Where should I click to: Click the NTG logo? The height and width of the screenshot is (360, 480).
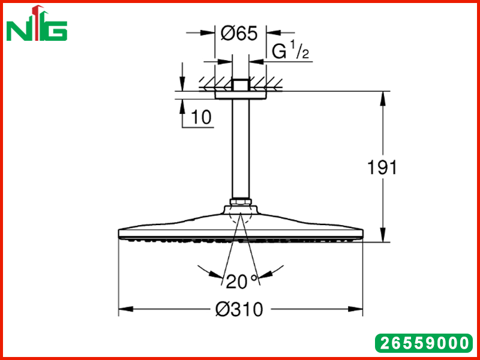click(37, 23)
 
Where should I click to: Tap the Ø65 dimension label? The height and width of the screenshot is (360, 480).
click(239, 33)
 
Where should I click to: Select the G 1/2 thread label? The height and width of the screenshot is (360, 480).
click(290, 50)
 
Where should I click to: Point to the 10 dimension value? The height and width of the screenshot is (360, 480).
click(201, 117)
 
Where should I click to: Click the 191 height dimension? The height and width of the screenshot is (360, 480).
click(382, 167)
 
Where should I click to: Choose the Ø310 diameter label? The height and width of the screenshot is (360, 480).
click(239, 309)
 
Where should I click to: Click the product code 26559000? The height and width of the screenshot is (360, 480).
click(424, 343)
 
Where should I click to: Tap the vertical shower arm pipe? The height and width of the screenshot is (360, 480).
click(241, 149)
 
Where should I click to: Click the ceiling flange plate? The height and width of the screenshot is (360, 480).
click(241, 95)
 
